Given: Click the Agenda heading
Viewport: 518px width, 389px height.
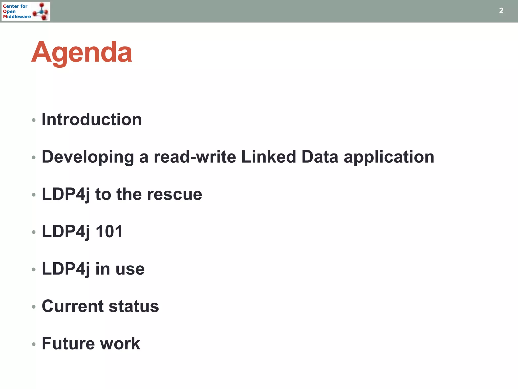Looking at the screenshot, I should (x=81, y=53).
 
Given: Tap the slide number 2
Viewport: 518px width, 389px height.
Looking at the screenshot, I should (x=501, y=11).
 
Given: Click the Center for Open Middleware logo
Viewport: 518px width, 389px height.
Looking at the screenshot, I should (x=26, y=11).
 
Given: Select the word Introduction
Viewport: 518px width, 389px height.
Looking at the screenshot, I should (x=92, y=119).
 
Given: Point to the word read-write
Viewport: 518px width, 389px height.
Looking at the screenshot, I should (x=195, y=157).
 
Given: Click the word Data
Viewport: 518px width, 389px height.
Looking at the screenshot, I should (x=320, y=157).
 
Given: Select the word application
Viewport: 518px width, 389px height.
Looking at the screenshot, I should (x=389, y=157).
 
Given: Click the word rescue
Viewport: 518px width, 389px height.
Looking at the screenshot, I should (x=175, y=194).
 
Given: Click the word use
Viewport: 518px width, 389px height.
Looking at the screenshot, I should (x=130, y=269).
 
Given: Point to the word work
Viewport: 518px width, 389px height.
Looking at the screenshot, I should (x=120, y=343).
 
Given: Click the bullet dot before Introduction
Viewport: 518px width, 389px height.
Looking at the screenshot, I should (x=34, y=120).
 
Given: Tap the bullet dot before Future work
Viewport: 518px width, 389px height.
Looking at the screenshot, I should (x=34, y=344).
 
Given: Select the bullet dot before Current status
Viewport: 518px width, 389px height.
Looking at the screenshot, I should (x=34, y=307).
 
